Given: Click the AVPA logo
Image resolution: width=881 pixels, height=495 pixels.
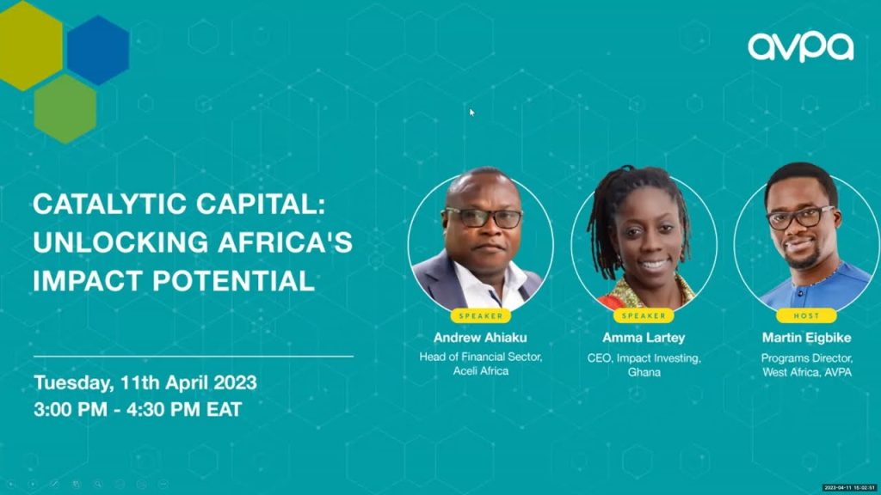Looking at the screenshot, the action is point(801,46).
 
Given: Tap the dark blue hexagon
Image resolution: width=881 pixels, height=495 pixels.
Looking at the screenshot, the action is point(98,51).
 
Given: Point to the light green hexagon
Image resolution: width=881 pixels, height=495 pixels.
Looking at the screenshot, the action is point(65,109).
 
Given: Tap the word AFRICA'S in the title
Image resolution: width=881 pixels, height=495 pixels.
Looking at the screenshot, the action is point(285,241).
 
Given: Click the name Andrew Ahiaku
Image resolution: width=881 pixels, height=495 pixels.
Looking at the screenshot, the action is point(480,337).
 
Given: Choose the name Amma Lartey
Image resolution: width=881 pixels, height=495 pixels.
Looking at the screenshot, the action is point(644,337).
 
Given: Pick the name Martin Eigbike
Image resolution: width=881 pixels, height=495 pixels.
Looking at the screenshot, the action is point(806,337).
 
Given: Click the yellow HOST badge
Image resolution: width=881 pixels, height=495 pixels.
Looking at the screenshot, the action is point(806,316).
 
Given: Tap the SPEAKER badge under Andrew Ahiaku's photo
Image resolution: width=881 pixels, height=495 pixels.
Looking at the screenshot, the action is point(481,316).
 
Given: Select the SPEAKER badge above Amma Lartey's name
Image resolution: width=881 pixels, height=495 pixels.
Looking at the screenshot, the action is point(644,316).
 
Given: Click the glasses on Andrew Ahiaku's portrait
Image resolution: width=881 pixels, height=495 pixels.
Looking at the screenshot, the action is point(484,218).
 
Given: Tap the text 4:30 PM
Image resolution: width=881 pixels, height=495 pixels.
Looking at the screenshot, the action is point(163,409).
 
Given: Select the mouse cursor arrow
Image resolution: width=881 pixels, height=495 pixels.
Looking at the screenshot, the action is point(472,113).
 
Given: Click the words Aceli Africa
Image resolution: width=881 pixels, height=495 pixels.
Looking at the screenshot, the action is point(481,371).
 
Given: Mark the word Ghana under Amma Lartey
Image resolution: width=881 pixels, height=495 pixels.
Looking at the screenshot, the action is point(644,372).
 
